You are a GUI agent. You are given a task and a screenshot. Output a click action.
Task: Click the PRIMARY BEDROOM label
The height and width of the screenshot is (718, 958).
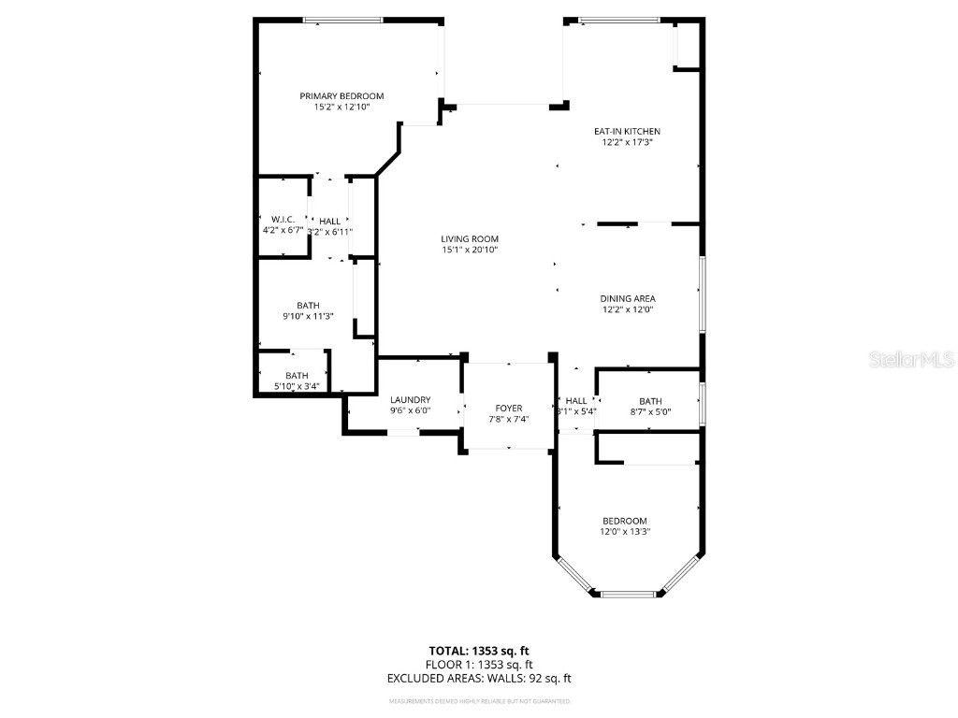[341, 96]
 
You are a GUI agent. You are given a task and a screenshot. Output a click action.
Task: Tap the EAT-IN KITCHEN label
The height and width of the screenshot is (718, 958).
[627, 132]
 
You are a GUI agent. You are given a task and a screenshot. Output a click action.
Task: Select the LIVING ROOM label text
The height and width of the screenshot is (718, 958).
[470, 239]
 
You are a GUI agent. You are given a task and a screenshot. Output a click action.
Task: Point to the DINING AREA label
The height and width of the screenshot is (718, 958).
[627, 299]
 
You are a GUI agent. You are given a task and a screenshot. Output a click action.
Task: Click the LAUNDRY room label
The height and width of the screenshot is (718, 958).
[410, 400]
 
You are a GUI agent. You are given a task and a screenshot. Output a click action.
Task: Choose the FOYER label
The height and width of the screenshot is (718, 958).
[509, 409]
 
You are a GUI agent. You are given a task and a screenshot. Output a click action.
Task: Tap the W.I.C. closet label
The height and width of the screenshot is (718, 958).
[283, 219]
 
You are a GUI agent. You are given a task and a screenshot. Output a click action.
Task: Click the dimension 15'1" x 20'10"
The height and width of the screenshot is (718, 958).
[470, 251]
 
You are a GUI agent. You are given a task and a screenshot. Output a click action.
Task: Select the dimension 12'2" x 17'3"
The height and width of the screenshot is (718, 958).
[627, 143]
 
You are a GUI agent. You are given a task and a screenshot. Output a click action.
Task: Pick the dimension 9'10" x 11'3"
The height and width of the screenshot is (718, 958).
[308, 317]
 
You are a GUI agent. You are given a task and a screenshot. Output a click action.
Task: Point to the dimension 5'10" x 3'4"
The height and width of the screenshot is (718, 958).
[297, 386]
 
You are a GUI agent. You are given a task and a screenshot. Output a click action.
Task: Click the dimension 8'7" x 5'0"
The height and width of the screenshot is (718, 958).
[650, 411]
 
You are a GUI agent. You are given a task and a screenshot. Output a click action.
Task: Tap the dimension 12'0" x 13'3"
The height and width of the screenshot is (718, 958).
[625, 532]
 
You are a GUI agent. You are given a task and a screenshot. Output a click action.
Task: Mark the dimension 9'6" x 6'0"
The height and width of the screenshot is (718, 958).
[410, 411]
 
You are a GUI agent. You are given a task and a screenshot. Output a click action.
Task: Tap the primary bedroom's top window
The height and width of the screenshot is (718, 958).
[342, 20]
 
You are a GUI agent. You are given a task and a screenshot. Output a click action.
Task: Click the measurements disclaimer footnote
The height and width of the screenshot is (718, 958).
[479, 701]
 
